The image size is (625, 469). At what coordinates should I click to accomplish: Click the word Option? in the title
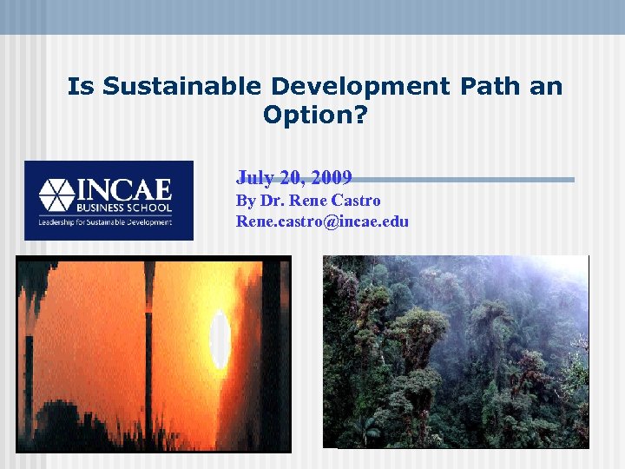(315, 115)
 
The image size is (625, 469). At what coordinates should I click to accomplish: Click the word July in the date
(253, 178)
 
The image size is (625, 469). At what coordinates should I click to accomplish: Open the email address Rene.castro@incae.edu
(322, 221)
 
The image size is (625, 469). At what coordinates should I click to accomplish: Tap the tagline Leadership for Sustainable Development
(104, 222)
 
